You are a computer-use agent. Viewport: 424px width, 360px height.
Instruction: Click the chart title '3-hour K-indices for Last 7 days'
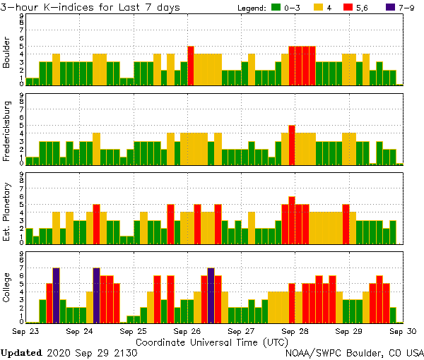pos(90,7)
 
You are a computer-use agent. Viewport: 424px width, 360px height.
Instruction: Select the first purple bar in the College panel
pos(56,295)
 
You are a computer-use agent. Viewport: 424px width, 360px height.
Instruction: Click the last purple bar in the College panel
pos(211,295)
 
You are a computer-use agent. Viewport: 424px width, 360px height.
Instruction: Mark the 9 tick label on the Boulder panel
pos(21,16)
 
